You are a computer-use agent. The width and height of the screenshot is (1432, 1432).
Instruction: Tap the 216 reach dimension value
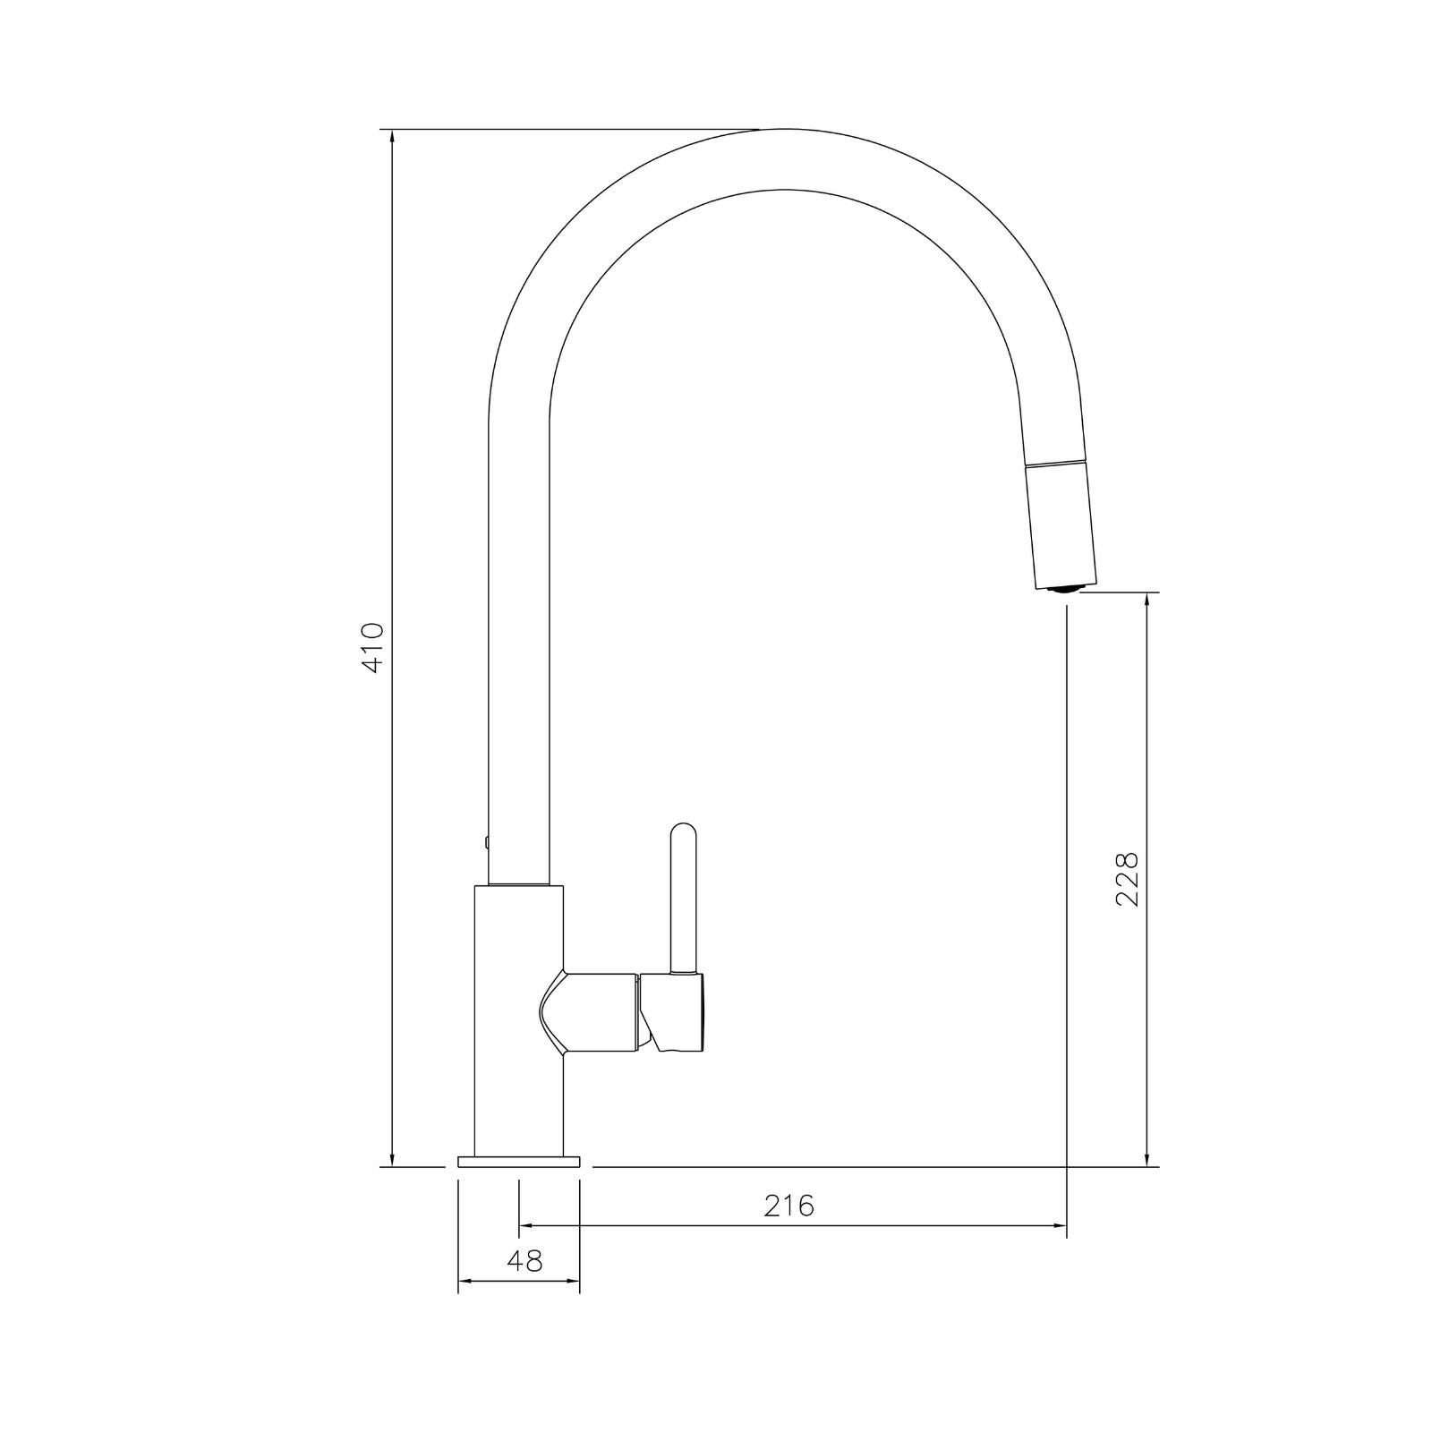789,1206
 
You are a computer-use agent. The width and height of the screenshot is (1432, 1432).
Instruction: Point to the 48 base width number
524,1261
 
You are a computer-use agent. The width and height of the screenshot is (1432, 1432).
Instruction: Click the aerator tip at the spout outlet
1065,588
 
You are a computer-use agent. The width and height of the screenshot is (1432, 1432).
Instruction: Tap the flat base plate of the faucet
518,1162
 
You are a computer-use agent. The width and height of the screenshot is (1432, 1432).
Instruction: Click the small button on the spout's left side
486,841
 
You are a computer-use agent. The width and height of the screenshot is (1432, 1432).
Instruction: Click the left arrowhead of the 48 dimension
465,1282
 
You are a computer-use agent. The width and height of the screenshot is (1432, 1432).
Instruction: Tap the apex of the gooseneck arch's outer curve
788,131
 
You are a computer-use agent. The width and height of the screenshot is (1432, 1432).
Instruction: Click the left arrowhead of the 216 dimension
526,1225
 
